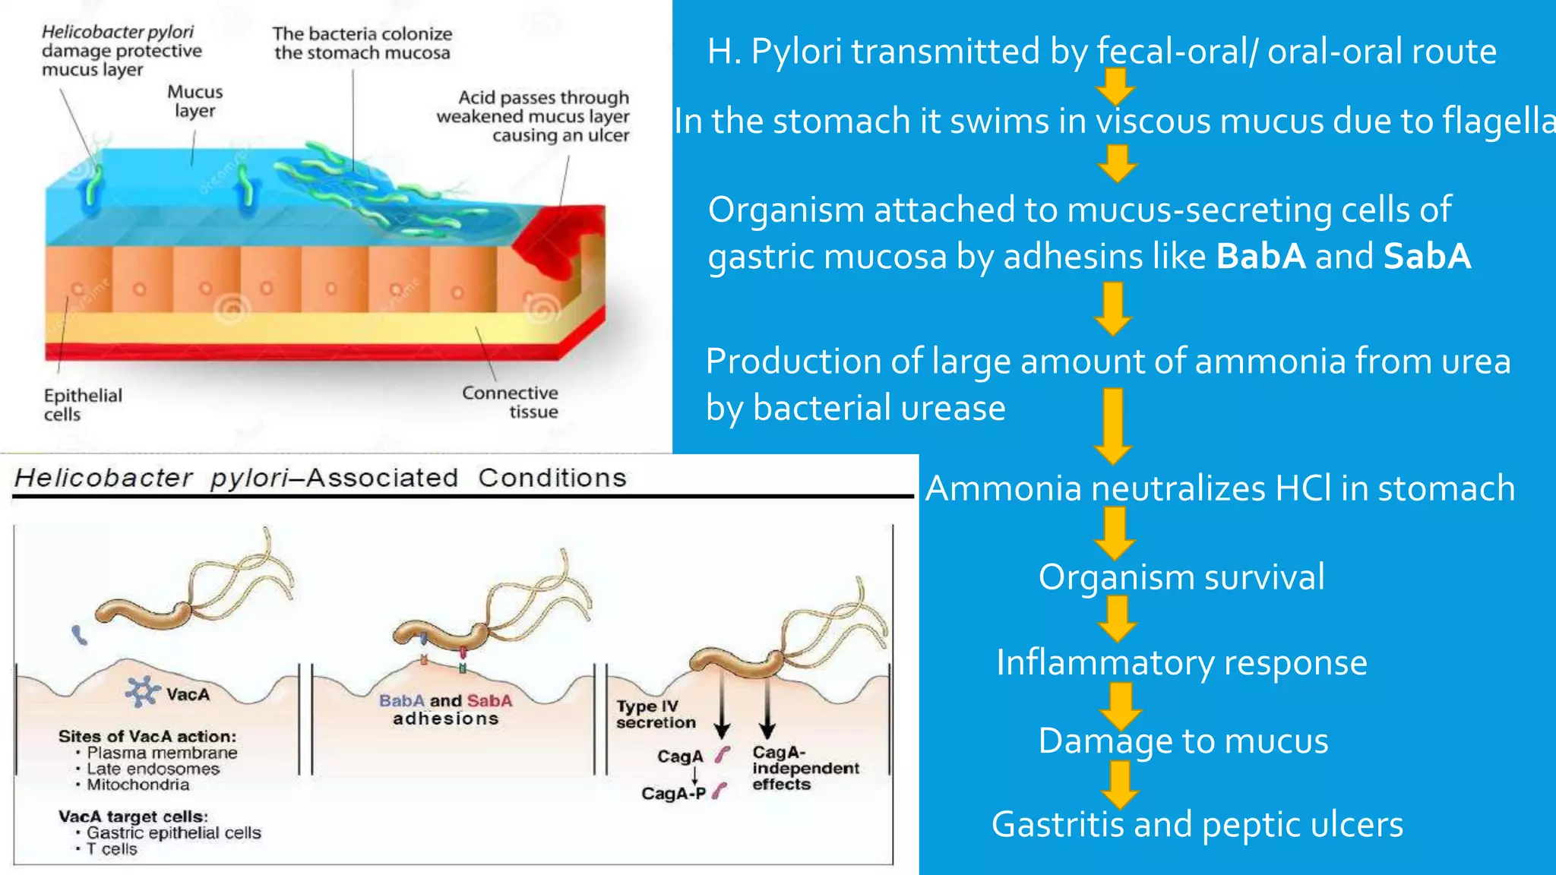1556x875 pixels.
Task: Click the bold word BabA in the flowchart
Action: click(1260, 257)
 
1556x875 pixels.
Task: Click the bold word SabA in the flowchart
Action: click(1427, 257)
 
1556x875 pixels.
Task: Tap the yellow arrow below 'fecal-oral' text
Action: click(1115, 87)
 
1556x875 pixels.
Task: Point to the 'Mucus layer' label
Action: click(195, 101)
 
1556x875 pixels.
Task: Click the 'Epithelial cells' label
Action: click(82, 405)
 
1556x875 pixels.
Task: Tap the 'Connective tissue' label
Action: click(511, 402)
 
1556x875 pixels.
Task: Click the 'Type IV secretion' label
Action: click(655, 715)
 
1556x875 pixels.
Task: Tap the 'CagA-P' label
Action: click(673, 794)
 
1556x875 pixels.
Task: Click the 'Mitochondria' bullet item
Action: click(138, 785)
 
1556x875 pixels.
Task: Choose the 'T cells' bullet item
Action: click(112, 849)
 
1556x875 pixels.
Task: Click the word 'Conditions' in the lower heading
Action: click(552, 478)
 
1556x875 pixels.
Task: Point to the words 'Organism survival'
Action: click(1181, 577)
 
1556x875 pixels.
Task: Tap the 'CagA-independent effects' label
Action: click(805, 768)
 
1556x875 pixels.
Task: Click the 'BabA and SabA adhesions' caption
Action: click(446, 709)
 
